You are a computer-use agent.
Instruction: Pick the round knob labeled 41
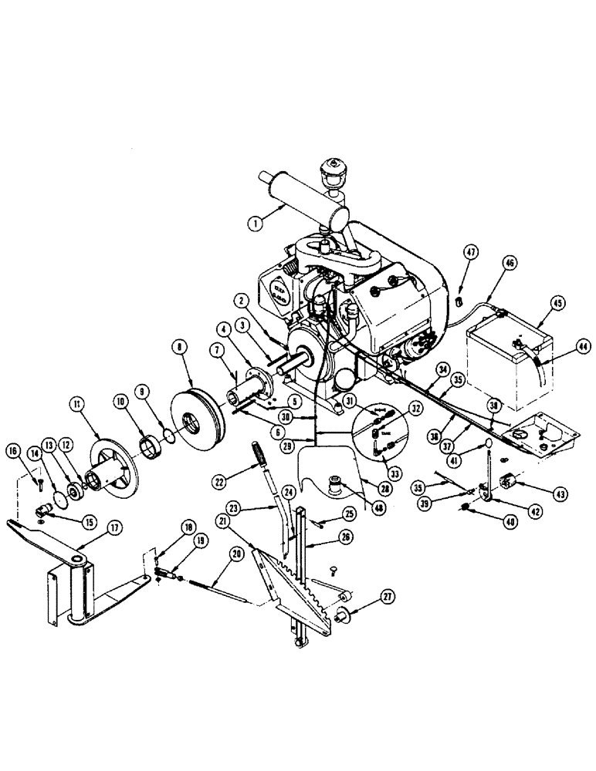pos(489,444)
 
